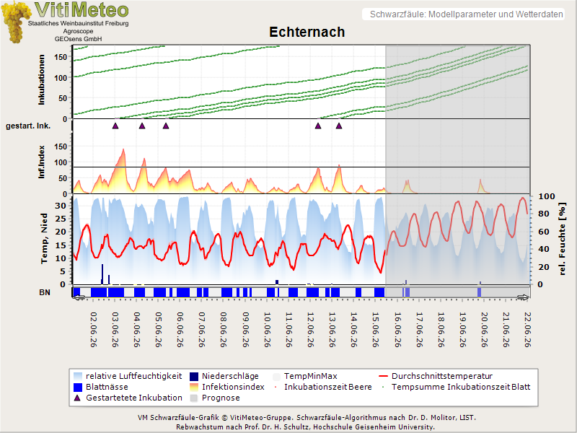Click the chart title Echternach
point(307,32)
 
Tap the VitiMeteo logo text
point(82,10)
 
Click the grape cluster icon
point(15,22)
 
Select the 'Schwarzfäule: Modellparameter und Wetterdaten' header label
point(466,14)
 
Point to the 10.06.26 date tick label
point(268,330)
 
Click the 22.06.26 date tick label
point(528,330)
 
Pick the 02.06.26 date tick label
point(94,330)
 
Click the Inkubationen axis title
point(42,80)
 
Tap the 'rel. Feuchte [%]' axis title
point(562,239)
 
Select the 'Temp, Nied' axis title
point(44,239)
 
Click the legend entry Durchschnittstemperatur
point(441,376)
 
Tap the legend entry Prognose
point(221,398)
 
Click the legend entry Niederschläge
point(230,376)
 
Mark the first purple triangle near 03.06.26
point(115,126)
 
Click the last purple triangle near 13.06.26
point(339,126)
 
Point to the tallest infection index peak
point(123,149)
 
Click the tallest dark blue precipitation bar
point(102,274)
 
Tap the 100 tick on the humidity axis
point(547,196)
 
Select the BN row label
point(45,292)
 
